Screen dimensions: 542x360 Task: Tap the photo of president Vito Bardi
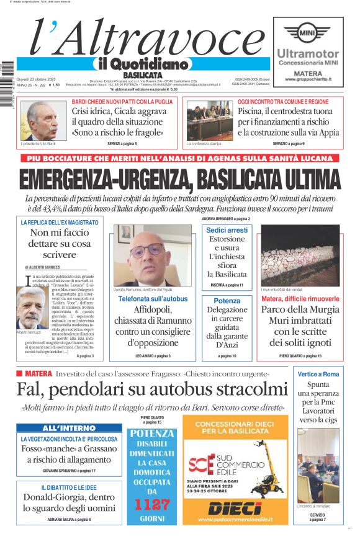point(43,120)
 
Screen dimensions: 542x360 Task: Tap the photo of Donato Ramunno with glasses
point(152,255)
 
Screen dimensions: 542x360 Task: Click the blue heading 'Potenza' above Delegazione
point(227,300)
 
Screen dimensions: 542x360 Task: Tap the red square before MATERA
point(20,373)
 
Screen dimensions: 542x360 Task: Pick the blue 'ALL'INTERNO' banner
point(60,428)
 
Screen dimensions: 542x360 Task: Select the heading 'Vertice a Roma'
point(318,374)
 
